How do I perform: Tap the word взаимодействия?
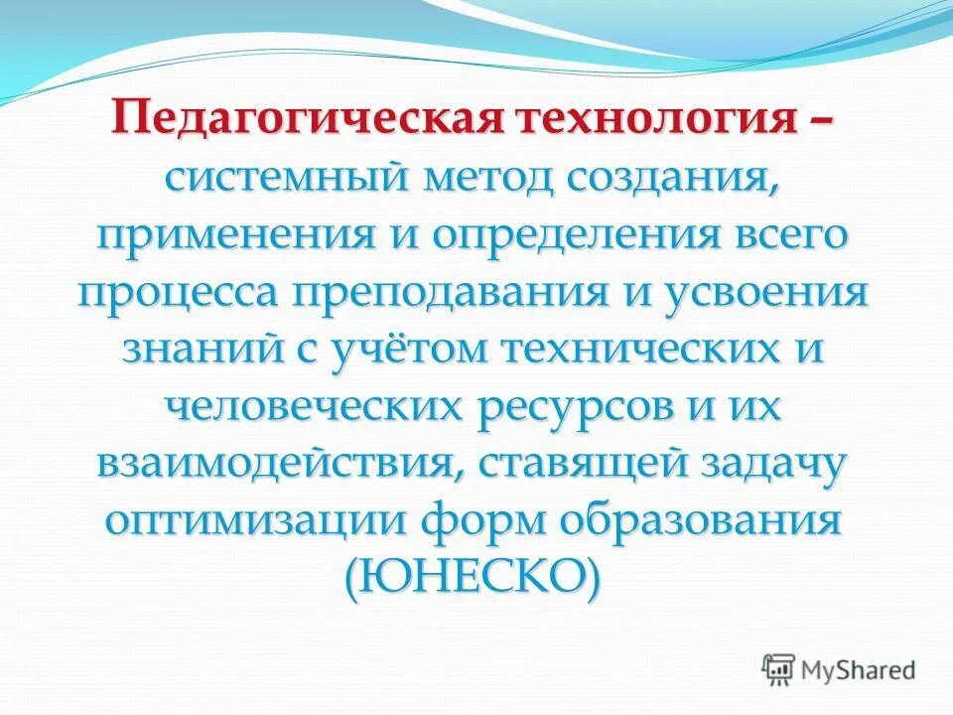[276, 464]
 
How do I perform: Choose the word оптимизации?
[255, 520]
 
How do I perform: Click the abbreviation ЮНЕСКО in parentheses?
[472, 577]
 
